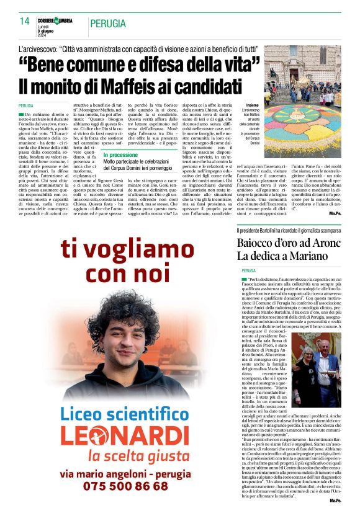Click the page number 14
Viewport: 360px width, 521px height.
click(24, 20)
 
